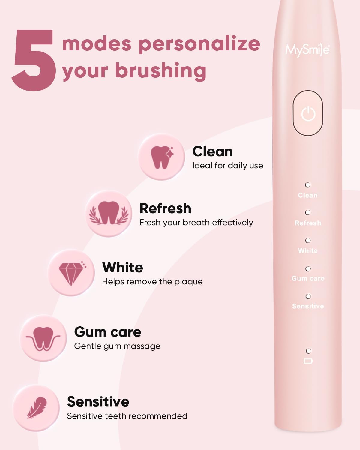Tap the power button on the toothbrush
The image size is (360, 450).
click(308, 113)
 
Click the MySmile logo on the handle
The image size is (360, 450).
click(307, 50)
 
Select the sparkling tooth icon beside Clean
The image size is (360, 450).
click(162, 157)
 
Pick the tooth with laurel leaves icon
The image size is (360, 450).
click(109, 213)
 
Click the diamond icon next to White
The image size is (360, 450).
click(71, 273)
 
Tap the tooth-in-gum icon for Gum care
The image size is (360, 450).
click(43, 338)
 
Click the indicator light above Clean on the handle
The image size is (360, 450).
click(307, 185)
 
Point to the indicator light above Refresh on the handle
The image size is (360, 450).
click(307, 212)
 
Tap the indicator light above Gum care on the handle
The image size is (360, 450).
click(308, 268)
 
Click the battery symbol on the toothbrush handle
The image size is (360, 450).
click(308, 361)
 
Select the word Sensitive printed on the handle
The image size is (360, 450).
click(308, 306)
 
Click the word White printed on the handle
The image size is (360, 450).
click(308, 250)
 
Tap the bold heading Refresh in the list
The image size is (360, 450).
click(165, 208)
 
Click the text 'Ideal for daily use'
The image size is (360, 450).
click(227, 166)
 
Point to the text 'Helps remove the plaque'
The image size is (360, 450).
click(152, 281)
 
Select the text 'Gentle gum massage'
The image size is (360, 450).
click(117, 346)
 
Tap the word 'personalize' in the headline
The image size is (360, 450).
click(199, 44)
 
